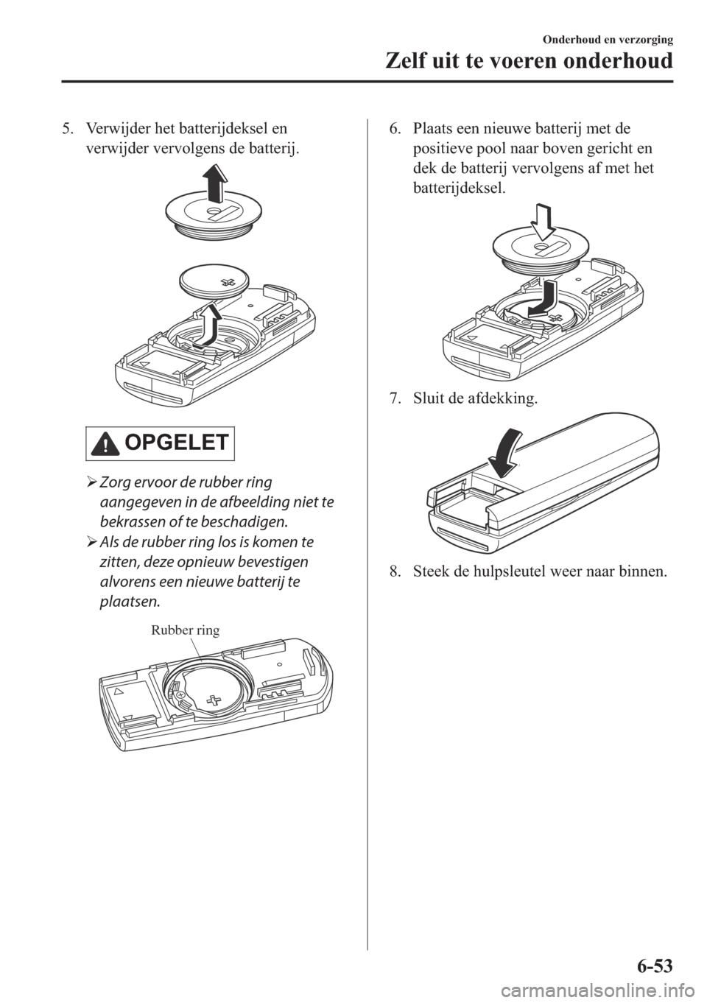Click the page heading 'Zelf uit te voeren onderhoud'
529,61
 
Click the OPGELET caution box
161,443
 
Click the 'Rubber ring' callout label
185,630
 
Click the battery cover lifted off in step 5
213,214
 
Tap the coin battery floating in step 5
214,283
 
